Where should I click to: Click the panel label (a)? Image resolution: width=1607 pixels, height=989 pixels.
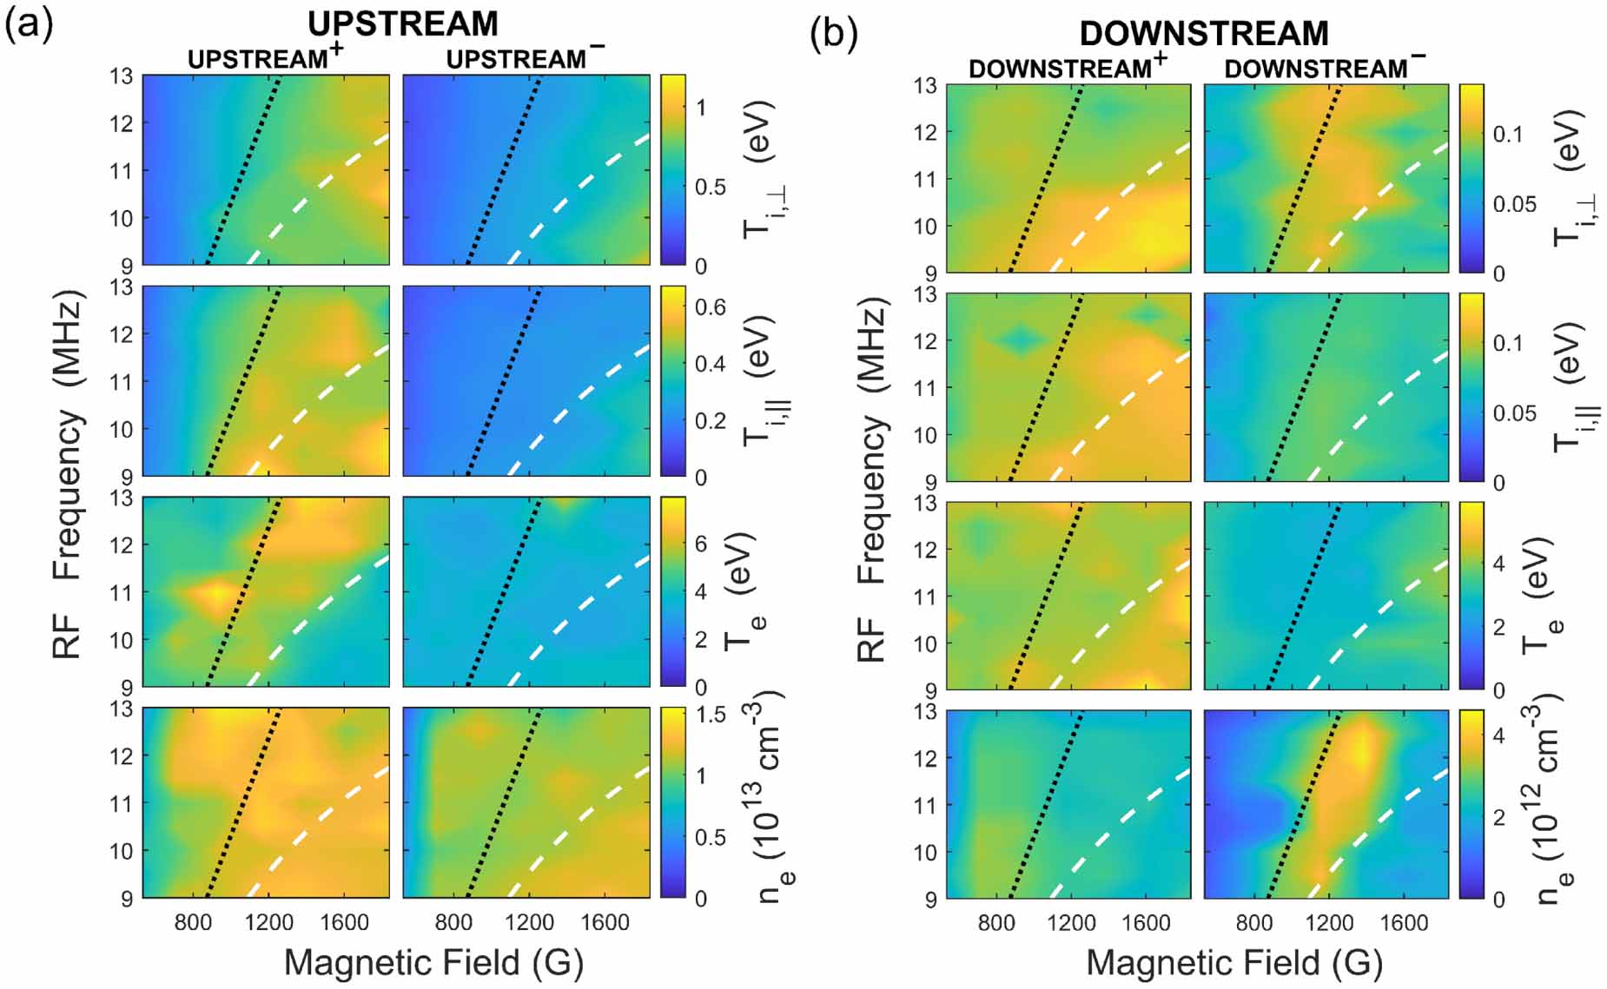click(29, 26)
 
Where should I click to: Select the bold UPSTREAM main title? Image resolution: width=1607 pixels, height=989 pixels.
click(403, 23)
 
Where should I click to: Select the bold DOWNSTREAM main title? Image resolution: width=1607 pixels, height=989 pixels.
click(1204, 33)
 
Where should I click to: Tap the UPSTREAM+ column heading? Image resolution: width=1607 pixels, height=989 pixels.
click(265, 57)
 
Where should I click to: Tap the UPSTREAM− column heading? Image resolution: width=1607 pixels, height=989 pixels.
click(525, 57)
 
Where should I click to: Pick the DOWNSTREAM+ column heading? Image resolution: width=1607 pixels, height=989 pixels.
click(1068, 67)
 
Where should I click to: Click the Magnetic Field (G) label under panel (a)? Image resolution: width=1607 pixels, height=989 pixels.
click(433, 962)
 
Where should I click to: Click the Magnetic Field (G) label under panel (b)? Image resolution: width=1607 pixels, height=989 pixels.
click(1234, 962)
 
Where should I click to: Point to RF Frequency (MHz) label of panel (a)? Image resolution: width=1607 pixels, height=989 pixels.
click(68, 474)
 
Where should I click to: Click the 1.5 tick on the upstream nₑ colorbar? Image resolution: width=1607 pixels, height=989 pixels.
click(711, 715)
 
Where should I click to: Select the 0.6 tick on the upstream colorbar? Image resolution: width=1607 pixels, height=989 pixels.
click(710, 307)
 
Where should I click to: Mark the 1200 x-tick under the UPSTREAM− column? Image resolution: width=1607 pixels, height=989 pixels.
click(528, 922)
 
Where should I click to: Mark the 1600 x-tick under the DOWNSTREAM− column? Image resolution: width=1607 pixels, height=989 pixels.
click(1404, 923)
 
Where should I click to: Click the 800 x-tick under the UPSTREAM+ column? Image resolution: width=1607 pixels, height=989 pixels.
click(193, 922)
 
